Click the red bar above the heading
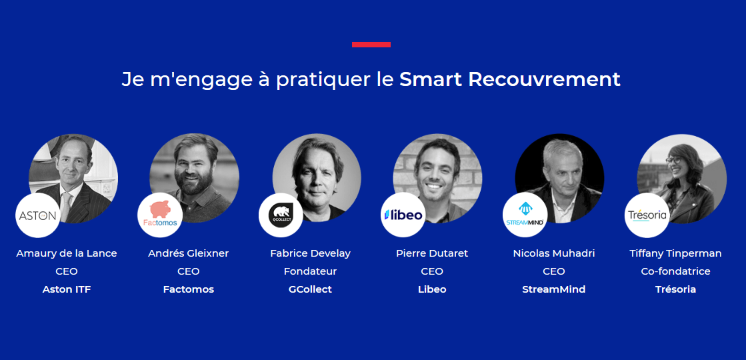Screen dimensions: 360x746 click(x=371, y=45)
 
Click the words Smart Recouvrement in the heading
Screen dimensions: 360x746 click(x=510, y=79)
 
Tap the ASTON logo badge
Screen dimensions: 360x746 click(x=37, y=215)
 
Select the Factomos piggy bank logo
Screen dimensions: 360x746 click(x=160, y=215)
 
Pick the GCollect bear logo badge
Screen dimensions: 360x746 click(x=281, y=215)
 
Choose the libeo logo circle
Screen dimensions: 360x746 click(x=403, y=215)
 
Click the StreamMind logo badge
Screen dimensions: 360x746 click(x=525, y=215)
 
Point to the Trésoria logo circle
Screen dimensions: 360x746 click(x=647, y=215)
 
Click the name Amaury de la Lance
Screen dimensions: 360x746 click(x=67, y=253)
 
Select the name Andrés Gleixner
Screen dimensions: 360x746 click(x=188, y=253)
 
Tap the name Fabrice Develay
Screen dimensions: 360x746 click(x=310, y=253)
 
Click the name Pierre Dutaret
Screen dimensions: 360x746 click(x=432, y=253)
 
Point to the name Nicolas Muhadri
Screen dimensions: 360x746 click(x=554, y=253)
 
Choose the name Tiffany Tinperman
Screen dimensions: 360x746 click(x=675, y=253)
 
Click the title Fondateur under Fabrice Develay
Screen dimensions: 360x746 click(x=310, y=271)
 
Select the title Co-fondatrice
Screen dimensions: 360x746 click(x=675, y=271)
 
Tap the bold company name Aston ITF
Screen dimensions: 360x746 click(x=67, y=289)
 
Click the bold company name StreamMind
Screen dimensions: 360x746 click(x=554, y=289)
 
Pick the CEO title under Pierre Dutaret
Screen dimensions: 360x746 click(x=432, y=271)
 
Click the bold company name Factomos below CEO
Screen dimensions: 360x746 click(x=188, y=289)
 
